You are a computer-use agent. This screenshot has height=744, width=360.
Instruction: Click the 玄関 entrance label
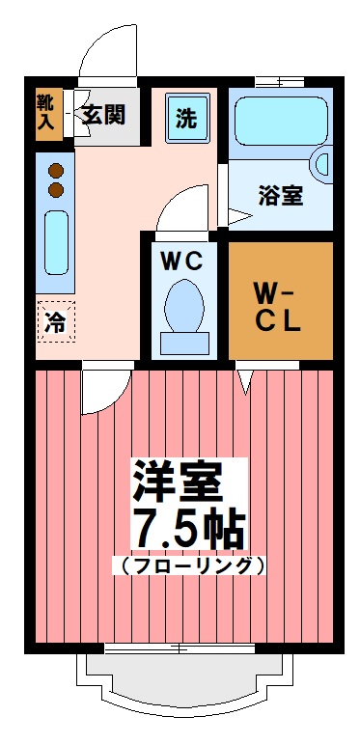(x=102, y=115)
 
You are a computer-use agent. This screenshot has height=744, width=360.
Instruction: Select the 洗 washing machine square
(x=184, y=119)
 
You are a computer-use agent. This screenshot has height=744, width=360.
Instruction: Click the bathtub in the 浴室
(x=280, y=122)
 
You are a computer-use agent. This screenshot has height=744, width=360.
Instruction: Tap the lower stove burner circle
(x=55, y=189)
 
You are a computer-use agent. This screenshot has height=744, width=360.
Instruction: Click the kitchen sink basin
(x=55, y=242)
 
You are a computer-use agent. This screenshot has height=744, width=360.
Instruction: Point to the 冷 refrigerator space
(x=55, y=322)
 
